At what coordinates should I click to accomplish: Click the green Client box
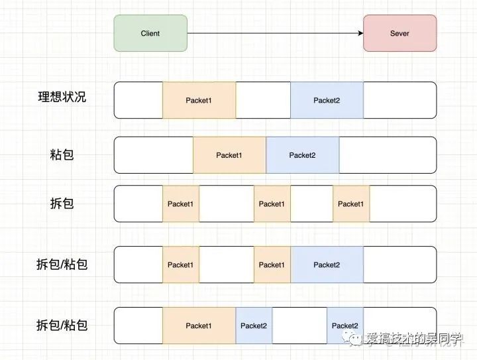point(150,33)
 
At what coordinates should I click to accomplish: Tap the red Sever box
point(399,33)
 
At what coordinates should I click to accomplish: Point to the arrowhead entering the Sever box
point(360,33)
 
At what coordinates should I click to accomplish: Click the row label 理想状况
point(62,97)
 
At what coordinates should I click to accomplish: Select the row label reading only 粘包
point(62,155)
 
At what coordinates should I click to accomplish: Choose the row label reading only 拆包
point(62,204)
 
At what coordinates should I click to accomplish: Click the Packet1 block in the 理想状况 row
point(199,100)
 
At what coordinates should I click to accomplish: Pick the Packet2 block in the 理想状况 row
point(327,100)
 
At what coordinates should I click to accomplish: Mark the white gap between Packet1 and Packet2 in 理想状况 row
point(263,100)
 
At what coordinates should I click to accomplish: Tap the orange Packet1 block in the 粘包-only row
point(229,155)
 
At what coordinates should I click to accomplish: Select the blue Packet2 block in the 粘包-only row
point(302,155)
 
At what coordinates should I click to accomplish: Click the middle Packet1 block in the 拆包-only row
point(272,204)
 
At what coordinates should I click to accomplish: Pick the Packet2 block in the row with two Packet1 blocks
point(327,265)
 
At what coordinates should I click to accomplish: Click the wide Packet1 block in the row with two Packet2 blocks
point(199,326)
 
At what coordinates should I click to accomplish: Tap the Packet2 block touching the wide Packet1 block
point(254,326)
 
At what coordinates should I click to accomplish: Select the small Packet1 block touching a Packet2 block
point(272,265)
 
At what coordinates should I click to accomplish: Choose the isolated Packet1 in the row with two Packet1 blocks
point(180,265)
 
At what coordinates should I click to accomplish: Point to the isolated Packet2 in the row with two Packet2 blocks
point(344,326)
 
